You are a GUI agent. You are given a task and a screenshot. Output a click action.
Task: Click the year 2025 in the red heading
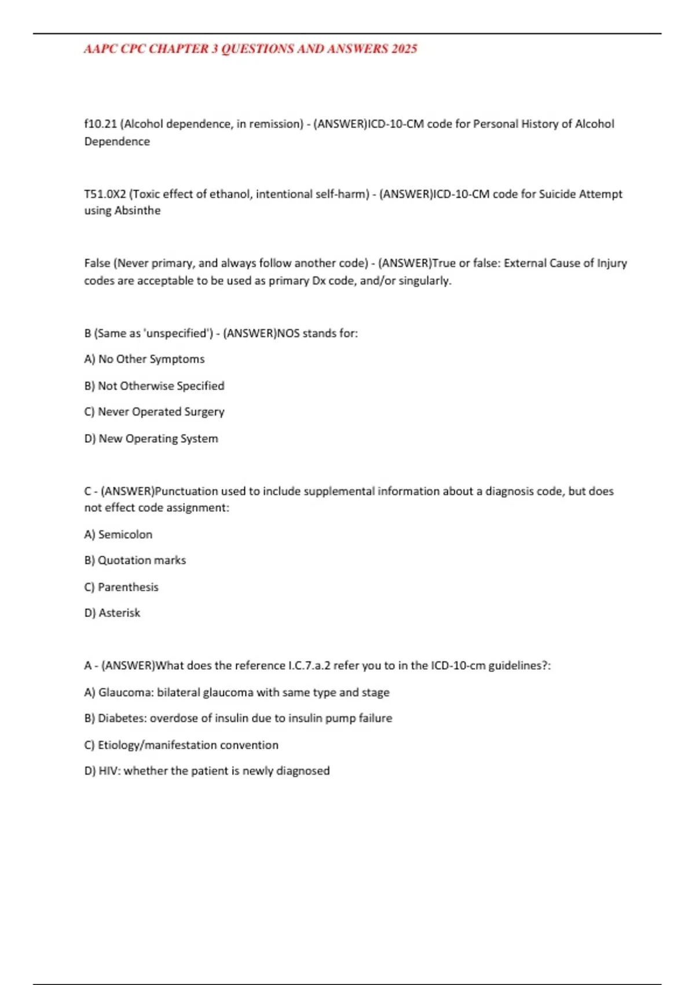[404, 49]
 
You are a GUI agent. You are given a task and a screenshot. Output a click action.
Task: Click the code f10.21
[100, 124]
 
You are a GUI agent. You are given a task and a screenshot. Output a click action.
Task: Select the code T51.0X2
[105, 194]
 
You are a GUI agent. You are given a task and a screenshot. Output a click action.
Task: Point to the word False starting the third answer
[97, 264]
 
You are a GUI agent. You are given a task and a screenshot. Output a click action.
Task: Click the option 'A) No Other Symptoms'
[144, 359]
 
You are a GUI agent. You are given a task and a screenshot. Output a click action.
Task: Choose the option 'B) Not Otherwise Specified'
[154, 386]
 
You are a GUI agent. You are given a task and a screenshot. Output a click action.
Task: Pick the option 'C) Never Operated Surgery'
[154, 412]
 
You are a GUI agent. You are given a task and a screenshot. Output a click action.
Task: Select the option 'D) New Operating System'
[151, 439]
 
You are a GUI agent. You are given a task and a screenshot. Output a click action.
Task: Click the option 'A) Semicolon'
[118, 534]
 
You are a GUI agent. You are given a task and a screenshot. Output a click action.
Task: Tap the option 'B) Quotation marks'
[135, 560]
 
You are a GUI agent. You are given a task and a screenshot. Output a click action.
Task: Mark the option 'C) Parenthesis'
[121, 587]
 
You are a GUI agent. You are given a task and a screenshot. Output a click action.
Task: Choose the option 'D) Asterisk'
[112, 613]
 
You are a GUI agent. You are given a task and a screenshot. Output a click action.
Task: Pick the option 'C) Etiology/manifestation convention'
[181, 745]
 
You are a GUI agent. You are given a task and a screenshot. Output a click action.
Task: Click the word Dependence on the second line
[117, 141]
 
